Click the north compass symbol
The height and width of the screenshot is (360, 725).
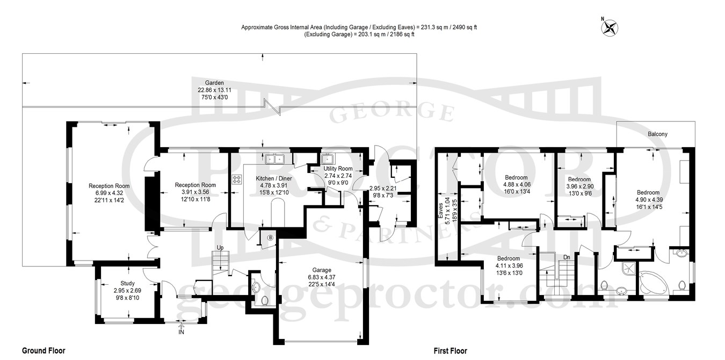pyautogui.click(x=609, y=27)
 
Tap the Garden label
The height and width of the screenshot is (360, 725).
pyautogui.click(x=214, y=83)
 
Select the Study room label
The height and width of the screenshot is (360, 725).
pyautogui.click(x=127, y=283)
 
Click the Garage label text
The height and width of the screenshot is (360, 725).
pyautogui.click(x=322, y=270)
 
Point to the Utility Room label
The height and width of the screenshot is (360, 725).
pyautogui.click(x=338, y=169)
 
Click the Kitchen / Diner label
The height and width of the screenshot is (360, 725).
pyautogui.click(x=274, y=178)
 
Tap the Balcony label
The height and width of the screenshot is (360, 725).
pyautogui.click(x=658, y=134)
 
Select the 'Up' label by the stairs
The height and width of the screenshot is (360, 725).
pyautogui.click(x=220, y=248)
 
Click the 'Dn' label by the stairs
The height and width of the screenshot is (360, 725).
pyautogui.click(x=567, y=257)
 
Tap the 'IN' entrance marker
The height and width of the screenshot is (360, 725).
pyautogui.click(x=182, y=332)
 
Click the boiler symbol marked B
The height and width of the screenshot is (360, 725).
pyautogui.click(x=270, y=237)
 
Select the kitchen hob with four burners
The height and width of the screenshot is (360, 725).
pyautogui.click(x=237, y=179)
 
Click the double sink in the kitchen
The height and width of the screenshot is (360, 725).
pyautogui.click(x=274, y=159)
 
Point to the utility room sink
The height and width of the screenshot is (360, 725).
pyautogui.click(x=328, y=159)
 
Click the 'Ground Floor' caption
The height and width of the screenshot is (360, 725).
pyautogui.click(x=44, y=351)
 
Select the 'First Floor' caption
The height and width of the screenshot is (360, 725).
pyautogui.click(x=451, y=351)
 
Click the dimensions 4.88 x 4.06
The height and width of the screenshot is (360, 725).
pyautogui.click(x=516, y=184)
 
